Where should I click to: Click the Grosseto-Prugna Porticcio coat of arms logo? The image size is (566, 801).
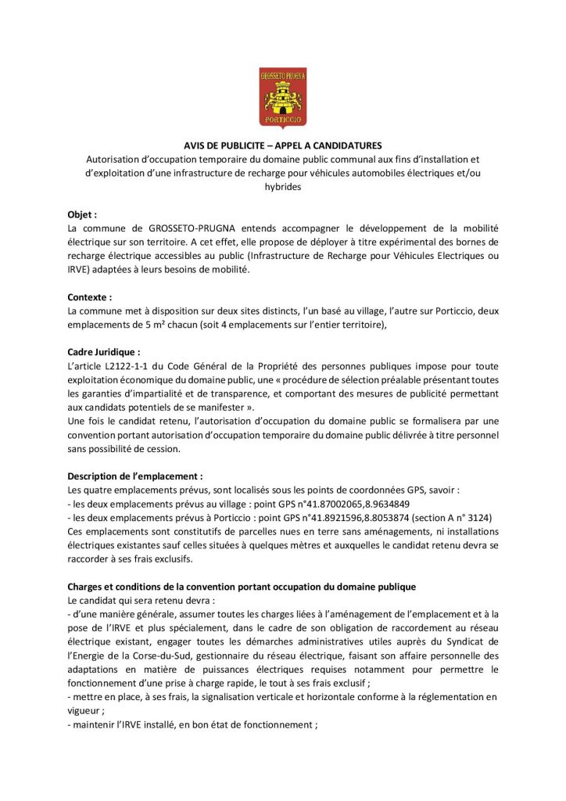[x=282, y=97]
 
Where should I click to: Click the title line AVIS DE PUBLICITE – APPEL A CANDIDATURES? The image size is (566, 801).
[x=282, y=145]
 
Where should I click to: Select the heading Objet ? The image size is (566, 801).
[x=82, y=214]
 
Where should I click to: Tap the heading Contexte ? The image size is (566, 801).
[x=90, y=297]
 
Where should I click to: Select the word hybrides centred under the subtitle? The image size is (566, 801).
[x=282, y=187]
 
